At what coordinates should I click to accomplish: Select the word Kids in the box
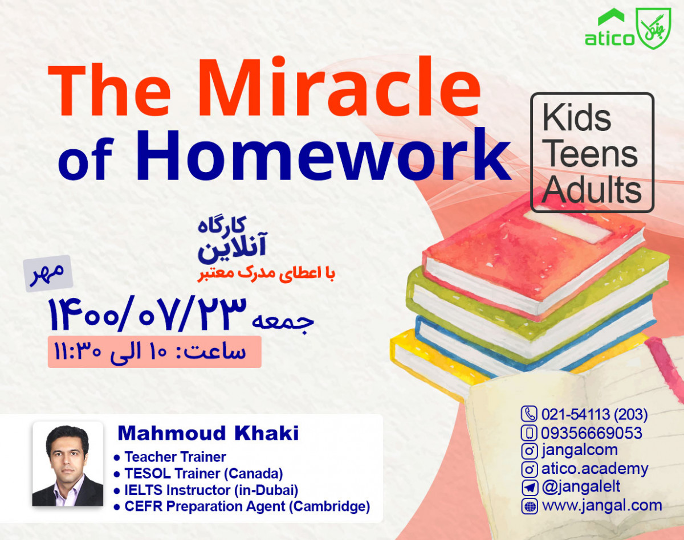576,118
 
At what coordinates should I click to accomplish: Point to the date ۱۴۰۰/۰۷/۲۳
148,314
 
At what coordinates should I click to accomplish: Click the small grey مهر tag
47,274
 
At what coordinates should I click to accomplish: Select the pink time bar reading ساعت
154,351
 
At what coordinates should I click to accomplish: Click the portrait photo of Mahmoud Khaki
68,465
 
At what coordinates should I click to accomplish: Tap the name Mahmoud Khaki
208,433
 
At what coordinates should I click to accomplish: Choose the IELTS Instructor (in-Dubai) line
211,489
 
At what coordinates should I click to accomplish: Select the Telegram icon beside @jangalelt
530,488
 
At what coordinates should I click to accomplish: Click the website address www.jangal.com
601,505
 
